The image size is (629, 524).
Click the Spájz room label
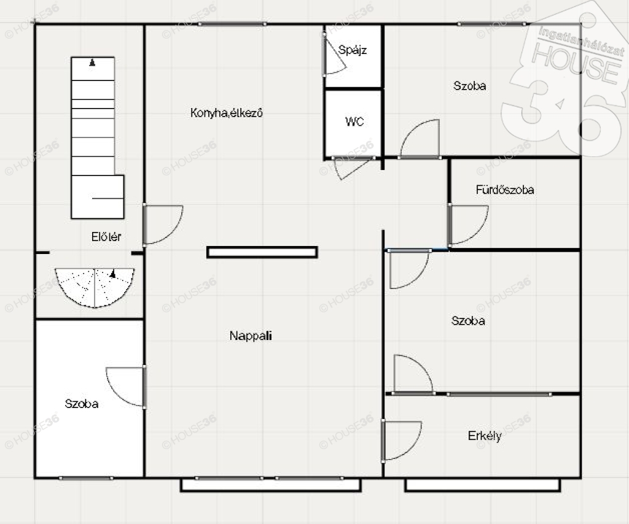(x=353, y=50)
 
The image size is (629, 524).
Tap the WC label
(x=354, y=121)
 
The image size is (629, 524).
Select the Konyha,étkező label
(x=227, y=113)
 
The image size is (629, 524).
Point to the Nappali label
(x=251, y=336)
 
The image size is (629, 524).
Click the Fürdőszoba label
(x=505, y=190)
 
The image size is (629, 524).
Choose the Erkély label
(x=485, y=436)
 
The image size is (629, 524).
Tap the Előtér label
(x=106, y=237)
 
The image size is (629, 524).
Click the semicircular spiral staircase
(x=95, y=288)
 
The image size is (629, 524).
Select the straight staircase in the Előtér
(x=98, y=138)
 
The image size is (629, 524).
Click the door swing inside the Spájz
(x=335, y=55)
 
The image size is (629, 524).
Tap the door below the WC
(x=353, y=168)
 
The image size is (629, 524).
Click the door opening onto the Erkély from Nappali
(x=401, y=441)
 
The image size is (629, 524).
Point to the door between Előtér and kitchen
(x=162, y=225)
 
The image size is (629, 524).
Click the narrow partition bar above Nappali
(x=262, y=252)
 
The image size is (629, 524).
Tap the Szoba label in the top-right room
(x=470, y=86)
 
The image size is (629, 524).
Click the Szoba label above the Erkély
(x=468, y=321)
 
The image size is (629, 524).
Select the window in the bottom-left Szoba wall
(x=86, y=478)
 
